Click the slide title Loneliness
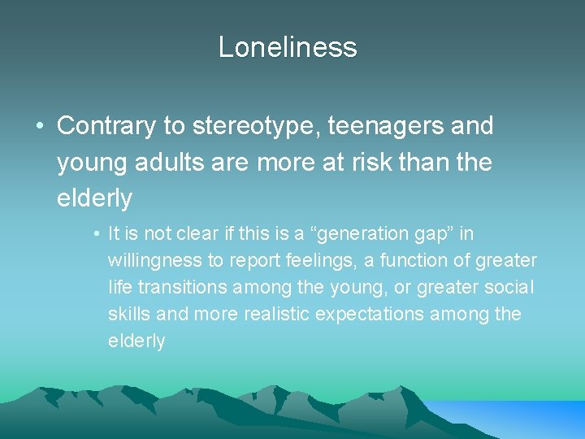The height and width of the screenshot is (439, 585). (288, 47)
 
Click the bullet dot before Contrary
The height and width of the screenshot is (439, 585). (39, 127)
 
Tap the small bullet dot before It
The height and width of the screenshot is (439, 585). (96, 234)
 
